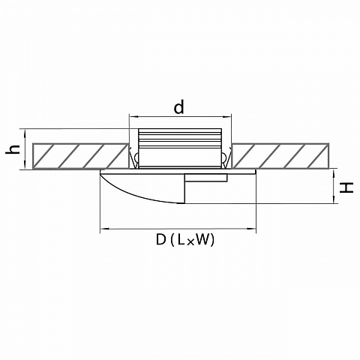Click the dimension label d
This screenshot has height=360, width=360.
tap(179, 106)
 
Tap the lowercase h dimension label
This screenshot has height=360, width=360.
tap(13, 149)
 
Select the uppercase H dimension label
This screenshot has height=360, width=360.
tap(346, 187)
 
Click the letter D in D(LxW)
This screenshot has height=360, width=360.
tap(161, 239)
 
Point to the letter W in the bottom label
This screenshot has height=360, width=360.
tap(201, 239)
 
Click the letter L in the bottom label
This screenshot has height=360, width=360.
tap(181, 239)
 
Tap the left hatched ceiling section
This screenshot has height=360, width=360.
tap(81, 156)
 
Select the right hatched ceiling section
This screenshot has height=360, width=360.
tap(280, 156)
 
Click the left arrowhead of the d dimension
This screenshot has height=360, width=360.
tap(133, 116)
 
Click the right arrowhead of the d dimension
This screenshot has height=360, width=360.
tap(227, 116)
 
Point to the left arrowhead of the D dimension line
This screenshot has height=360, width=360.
tap(104, 229)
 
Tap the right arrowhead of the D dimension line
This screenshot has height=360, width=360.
tap(252, 229)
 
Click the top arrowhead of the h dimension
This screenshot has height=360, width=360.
tap(25, 133)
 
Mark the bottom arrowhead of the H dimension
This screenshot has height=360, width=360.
tap(334, 199)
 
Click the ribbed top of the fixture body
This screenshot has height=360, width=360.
tap(180, 138)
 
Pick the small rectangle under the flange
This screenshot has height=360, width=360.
tap(206, 178)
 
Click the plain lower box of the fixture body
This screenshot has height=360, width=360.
tap(180, 157)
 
